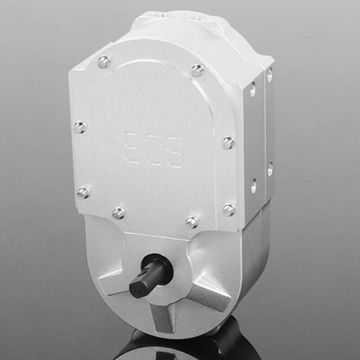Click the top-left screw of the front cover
tap(104, 64)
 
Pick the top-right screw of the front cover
tap(197, 70)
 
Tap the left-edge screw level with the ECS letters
tap(80, 127)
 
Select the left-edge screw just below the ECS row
tap(83, 190)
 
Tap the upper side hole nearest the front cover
tap(251, 92)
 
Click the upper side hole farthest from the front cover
tap(269, 77)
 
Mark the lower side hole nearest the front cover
tap(253, 185)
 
